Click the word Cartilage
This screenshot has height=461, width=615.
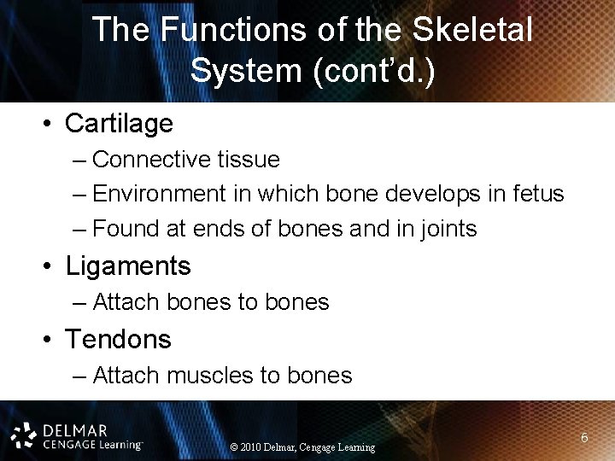click(x=119, y=124)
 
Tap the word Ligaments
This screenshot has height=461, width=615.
click(x=128, y=266)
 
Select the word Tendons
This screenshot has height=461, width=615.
click(x=118, y=339)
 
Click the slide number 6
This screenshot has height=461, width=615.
click(x=584, y=438)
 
